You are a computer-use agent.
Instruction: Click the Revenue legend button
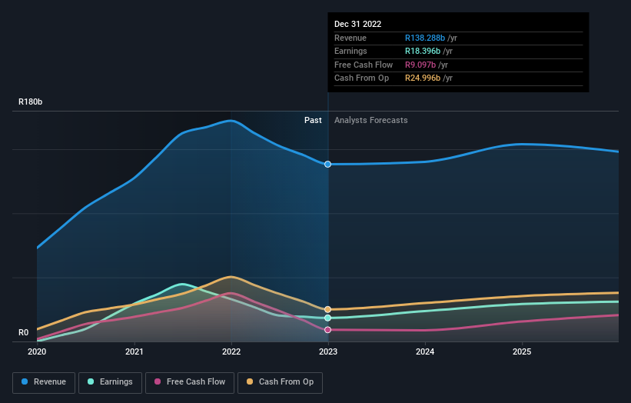44,381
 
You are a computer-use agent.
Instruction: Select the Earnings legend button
110,381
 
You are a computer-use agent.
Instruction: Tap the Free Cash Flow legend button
190,381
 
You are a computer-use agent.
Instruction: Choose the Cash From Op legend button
281,381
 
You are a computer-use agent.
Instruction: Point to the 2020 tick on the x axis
37,351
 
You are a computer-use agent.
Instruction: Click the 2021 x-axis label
135,351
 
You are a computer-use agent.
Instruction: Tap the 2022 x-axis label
231,351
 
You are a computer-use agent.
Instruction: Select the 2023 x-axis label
328,351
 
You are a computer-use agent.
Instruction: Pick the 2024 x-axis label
425,351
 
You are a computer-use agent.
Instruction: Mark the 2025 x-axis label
522,351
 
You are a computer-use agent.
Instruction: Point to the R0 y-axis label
24,333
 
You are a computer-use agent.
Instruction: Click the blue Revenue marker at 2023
328,164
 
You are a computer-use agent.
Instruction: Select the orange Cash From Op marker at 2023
328,309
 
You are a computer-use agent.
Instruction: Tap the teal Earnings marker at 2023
328,318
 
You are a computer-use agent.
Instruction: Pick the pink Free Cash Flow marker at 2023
328,329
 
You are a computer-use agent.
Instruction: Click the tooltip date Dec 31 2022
357,25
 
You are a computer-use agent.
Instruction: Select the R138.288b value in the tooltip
430,38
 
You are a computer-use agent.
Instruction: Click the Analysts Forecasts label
370,120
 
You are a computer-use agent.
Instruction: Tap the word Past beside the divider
313,120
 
